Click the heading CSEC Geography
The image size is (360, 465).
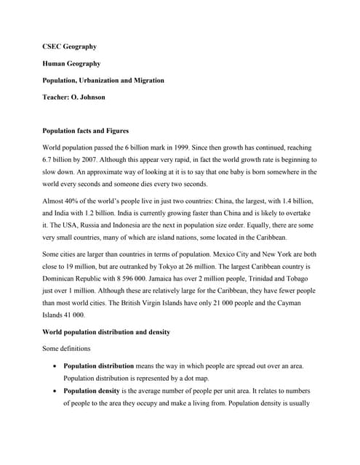[70, 46]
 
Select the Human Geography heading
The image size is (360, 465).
[72, 63]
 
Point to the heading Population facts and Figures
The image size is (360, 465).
[86, 131]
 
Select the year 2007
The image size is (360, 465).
[87, 158]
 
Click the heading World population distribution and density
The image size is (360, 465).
[106, 332]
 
